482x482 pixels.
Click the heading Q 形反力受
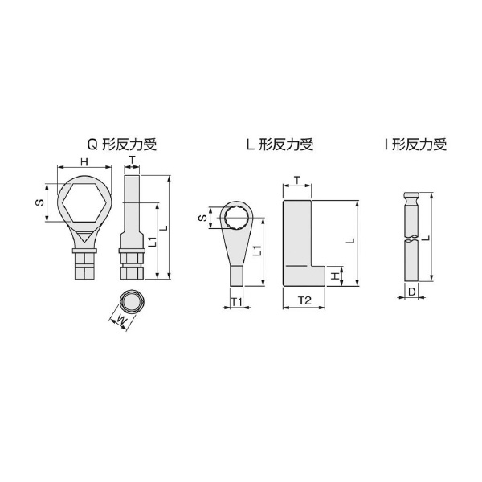[x=122, y=145]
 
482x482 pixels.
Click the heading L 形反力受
[x=280, y=145]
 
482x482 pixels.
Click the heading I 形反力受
[x=415, y=145]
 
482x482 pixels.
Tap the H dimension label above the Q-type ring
[x=84, y=162]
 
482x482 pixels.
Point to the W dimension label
[x=122, y=321]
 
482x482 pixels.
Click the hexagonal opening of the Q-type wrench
[x=84, y=203]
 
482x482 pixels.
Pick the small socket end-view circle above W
[x=132, y=301]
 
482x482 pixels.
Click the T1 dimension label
[x=237, y=302]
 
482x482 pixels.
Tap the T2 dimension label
[x=304, y=300]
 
